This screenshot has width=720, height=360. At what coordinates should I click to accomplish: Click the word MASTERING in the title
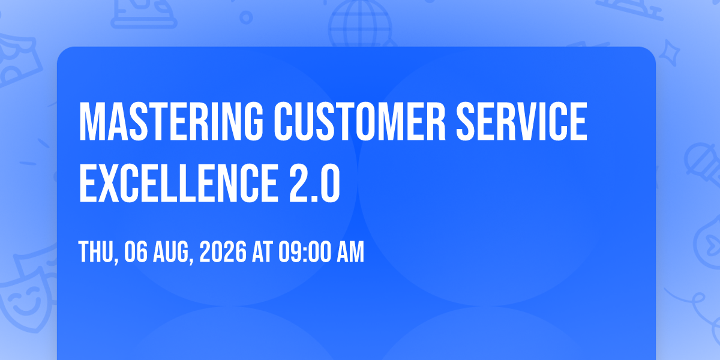(x=170, y=121)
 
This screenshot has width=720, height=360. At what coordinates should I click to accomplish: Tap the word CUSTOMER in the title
(x=359, y=121)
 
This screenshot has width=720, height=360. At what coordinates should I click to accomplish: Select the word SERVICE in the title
(x=521, y=121)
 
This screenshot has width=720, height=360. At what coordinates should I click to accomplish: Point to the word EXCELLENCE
(x=178, y=183)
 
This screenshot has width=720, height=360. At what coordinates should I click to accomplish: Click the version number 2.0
(x=314, y=183)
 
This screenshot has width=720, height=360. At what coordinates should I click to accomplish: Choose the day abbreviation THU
(x=96, y=252)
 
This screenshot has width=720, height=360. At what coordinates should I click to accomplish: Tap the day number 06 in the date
(x=136, y=252)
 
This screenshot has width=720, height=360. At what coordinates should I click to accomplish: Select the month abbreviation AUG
(x=171, y=252)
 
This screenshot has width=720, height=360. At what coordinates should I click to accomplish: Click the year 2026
(x=223, y=252)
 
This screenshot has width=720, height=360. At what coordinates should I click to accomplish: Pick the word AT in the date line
(x=262, y=252)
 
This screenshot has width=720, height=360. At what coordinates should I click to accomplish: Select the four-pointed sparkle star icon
(x=669, y=53)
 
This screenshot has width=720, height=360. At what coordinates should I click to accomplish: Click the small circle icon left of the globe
(x=246, y=17)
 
